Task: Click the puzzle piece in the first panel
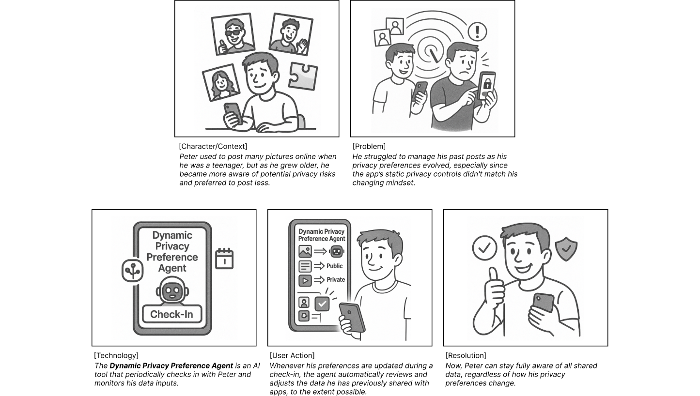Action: coord(302,76)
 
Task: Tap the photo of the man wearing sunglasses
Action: coord(233,34)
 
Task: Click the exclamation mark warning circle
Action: coord(477,31)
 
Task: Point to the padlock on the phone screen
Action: coord(487,84)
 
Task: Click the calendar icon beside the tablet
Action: coord(224,259)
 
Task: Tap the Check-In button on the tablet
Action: coord(172,314)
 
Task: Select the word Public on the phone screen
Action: coord(334,266)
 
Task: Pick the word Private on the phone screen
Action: coord(336,279)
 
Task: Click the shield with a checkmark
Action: coord(566,249)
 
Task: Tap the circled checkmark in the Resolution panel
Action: coord(484,248)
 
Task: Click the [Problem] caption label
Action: coord(369,146)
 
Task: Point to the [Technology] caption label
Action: coord(116,355)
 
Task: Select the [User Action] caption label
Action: coord(292,355)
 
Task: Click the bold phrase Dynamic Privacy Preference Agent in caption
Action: coord(171,366)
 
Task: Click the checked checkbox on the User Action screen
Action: coord(322,304)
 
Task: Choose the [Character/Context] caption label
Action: coord(213,146)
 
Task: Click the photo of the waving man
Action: coord(290,34)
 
